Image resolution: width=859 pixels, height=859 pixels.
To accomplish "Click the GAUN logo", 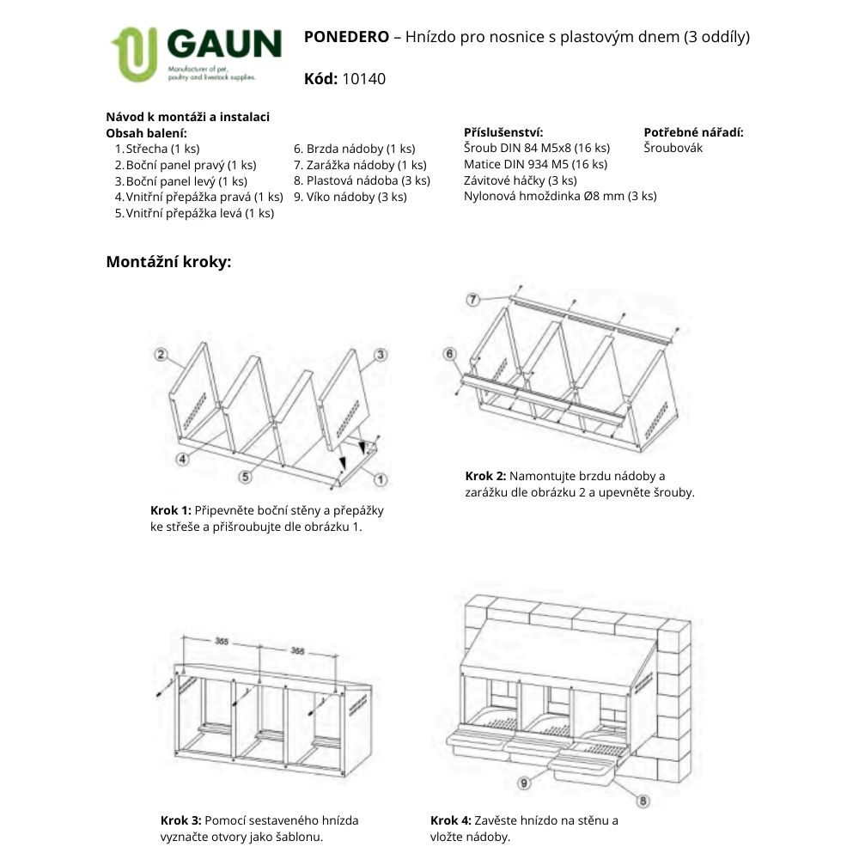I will point(196,53).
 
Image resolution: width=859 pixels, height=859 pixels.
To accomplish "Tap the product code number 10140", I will point(363,79).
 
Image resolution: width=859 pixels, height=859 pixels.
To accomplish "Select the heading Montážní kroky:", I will point(168,262).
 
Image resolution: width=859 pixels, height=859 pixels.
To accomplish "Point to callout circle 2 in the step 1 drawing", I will point(161,354).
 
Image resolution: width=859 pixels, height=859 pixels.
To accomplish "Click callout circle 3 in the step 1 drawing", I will point(381,354).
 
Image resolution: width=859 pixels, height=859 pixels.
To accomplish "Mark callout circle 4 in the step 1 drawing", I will point(182,460).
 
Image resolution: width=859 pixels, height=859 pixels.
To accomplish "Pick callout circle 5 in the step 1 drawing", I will point(245,474).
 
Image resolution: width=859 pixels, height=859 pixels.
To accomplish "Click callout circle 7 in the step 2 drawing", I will point(472,299).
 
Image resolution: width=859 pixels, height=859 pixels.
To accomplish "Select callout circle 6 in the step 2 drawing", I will point(449,354).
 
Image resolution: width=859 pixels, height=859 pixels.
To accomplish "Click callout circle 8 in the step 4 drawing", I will point(643,801).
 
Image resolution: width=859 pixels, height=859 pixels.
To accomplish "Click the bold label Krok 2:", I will point(486,476).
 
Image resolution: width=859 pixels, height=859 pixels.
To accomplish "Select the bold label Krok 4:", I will point(452,820).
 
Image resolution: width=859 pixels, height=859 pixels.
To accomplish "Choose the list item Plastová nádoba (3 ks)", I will point(362,180).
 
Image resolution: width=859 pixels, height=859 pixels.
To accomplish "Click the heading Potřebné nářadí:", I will point(693,132).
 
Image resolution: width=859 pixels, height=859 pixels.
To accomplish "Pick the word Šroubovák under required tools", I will point(673,148).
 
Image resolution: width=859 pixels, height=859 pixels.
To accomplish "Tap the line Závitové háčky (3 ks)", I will point(520,180).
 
